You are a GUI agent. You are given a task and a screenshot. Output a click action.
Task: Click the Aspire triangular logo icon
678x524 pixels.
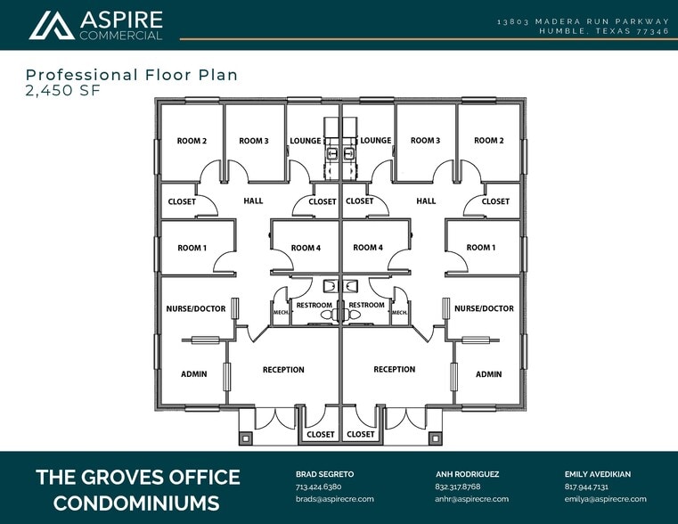point(51,25)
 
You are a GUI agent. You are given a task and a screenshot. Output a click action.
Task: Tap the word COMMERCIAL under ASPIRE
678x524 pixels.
point(121,36)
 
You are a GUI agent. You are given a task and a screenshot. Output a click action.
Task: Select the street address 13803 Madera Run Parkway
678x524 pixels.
point(583,20)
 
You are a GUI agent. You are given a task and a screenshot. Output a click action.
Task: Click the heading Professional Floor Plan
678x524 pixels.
point(131,75)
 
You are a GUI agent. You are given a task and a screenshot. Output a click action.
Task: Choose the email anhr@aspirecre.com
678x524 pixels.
point(472,499)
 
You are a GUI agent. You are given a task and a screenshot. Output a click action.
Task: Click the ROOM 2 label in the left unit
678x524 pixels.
point(192,141)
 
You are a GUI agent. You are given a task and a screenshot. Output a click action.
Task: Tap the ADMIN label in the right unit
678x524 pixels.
point(488,374)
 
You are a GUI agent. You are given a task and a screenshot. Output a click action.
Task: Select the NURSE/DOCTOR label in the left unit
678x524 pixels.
point(196,308)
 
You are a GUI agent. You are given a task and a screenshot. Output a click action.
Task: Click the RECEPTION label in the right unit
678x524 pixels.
point(395,369)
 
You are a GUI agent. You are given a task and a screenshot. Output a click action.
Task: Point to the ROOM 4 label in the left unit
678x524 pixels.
point(306,248)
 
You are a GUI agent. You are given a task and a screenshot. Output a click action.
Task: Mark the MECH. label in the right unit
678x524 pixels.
point(400,313)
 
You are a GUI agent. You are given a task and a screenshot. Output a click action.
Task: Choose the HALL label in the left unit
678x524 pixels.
point(253,201)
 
